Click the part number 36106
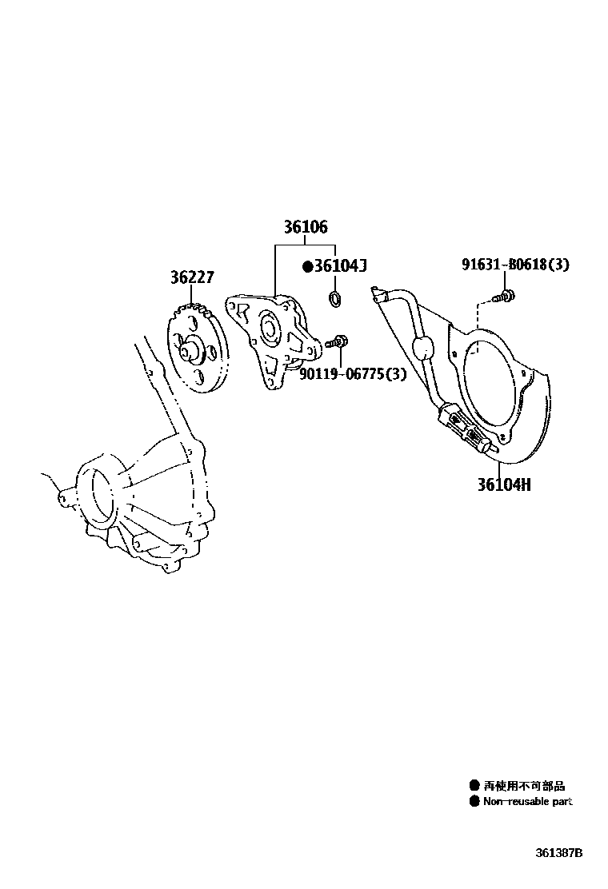[305, 227]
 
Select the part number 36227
[191, 277]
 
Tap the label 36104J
[339, 265]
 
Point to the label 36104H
[504, 484]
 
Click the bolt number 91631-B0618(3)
[515, 265]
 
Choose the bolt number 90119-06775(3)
[353, 374]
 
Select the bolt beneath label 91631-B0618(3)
[505, 297]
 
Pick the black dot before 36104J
[307, 266]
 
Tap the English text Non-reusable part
[527, 801]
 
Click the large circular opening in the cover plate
[485, 384]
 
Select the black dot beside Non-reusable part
[474, 801]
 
